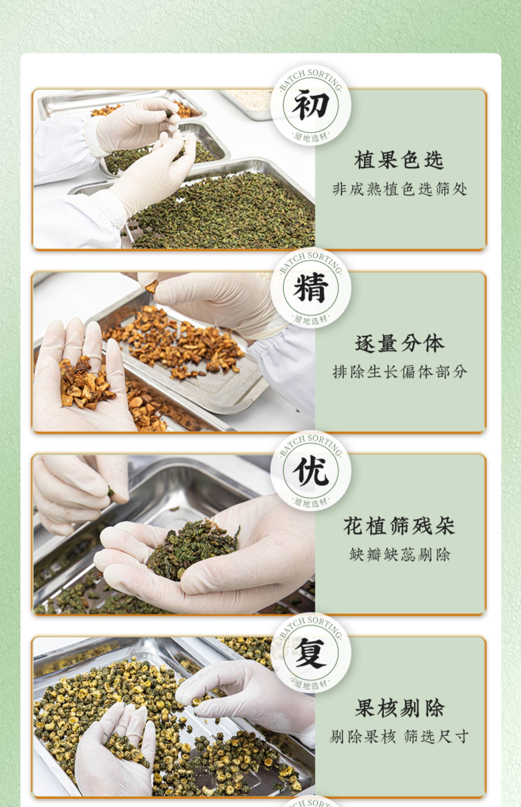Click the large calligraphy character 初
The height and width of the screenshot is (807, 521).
[311, 105]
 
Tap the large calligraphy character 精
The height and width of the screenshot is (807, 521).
[311, 288]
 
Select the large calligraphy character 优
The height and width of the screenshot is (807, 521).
[311, 471]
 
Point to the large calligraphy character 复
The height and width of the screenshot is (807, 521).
[311, 653]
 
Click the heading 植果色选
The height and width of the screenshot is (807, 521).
[399, 160]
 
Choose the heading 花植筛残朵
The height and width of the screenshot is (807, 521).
[399, 526]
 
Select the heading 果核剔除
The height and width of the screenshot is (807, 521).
[399, 708]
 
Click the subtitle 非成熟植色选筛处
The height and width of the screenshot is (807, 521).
[400, 189]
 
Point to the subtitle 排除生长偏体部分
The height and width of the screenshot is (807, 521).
[400, 372]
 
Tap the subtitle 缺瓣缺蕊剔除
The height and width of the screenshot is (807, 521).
[400, 554]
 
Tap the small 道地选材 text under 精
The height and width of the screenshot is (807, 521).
[311, 319]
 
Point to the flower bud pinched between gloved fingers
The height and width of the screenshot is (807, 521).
[196, 701]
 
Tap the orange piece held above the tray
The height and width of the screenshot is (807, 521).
[151, 286]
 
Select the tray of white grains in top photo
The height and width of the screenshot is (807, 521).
[248, 104]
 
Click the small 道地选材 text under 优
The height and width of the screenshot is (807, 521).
[311, 502]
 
